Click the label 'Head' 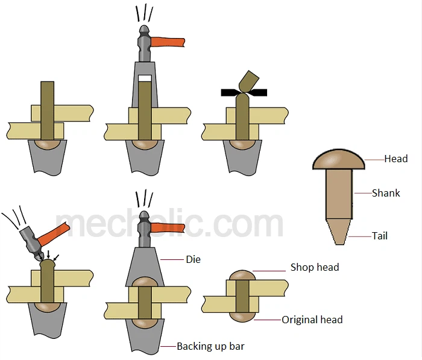396,159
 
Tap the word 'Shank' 386,193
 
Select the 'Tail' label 380,236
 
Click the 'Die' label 193,259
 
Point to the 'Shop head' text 315,267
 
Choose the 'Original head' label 312,320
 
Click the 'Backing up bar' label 210,346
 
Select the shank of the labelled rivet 338,193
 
